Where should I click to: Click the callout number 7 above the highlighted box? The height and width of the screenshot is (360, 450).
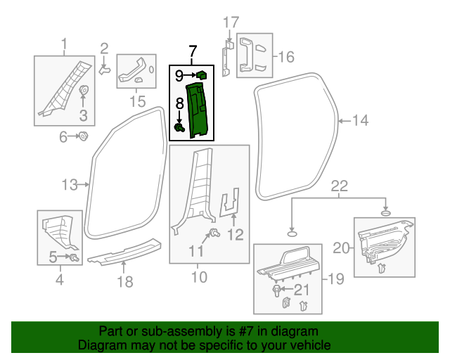click(193, 51)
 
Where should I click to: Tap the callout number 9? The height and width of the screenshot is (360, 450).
click(179, 74)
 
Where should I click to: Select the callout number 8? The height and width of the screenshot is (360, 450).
click(179, 103)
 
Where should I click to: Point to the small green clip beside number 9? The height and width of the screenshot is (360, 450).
click(200, 74)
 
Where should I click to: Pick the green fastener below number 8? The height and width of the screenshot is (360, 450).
click(179, 127)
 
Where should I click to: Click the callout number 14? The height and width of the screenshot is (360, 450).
click(360, 121)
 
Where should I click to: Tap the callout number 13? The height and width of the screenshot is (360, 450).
click(69, 185)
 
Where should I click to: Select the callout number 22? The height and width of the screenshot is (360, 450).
click(340, 186)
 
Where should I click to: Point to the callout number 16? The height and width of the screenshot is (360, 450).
click(287, 56)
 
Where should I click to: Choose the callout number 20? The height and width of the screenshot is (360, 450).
click(340, 247)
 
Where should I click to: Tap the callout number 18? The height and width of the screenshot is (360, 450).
click(124, 282)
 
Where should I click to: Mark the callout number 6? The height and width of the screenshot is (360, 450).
click(63, 136)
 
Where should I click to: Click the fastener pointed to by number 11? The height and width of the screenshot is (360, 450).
click(214, 233)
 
